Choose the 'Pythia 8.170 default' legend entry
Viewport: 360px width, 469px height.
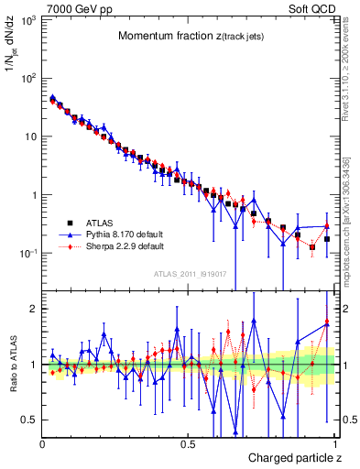pyautogui.click(x=124, y=234)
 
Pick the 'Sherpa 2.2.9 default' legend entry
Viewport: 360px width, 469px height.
pyautogui.click(x=124, y=246)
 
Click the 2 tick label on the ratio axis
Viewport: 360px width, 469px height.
pyautogui.click(x=33, y=309)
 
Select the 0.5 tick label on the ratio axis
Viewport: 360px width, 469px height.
pyautogui.click(x=29, y=420)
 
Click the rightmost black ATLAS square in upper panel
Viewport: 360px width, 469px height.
pyautogui.click(x=327, y=239)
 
